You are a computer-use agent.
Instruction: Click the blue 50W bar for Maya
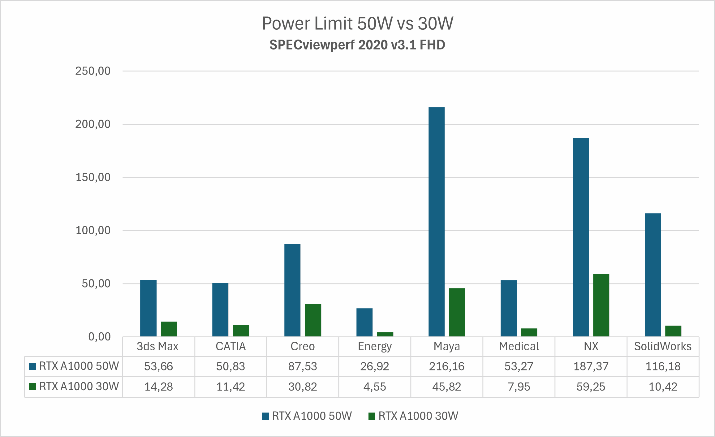(436, 222)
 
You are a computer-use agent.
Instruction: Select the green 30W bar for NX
(601, 305)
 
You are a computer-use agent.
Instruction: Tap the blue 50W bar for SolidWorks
(653, 275)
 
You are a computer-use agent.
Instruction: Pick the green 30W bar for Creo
(313, 320)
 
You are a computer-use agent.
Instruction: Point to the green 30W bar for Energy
(385, 334)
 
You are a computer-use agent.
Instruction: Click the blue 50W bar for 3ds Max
(148, 308)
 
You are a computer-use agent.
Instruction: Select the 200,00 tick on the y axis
(93, 124)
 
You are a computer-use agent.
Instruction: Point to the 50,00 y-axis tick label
(96, 283)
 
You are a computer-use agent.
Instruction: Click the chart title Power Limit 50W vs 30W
(357, 24)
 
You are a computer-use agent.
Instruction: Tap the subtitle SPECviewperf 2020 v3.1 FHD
(357, 45)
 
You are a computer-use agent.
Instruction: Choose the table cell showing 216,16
(446, 366)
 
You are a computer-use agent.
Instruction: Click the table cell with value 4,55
(374, 387)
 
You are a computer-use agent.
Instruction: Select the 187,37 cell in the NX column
(591, 366)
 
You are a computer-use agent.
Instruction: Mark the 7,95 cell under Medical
(519, 387)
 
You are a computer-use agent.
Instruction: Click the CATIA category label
(230, 346)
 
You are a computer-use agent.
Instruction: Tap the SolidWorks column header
(663, 346)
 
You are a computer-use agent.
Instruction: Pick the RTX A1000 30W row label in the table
(79, 387)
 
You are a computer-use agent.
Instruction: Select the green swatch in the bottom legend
(372, 416)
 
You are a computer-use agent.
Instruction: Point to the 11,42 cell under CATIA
(230, 387)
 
